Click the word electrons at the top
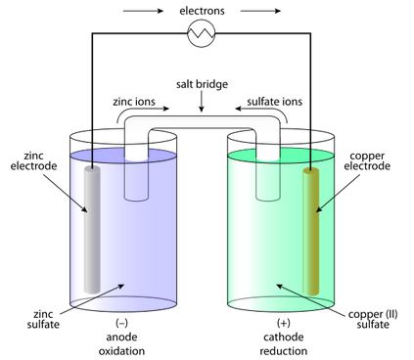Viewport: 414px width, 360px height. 202,11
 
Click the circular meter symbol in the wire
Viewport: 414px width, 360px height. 202,33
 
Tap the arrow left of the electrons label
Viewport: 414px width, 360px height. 143,11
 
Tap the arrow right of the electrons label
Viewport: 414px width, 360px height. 260,11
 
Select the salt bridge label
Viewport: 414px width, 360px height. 202,84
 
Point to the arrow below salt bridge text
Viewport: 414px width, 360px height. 202,102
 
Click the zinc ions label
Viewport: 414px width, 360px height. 134,102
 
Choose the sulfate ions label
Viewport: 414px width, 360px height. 274,102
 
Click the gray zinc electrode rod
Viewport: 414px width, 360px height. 92,230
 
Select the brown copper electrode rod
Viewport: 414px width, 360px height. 311,232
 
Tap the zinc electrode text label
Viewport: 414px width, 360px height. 33,160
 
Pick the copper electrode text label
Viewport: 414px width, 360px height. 367,160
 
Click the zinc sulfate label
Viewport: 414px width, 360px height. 43,319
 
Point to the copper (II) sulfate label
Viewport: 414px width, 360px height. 373,319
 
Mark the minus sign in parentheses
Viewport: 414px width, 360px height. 121,323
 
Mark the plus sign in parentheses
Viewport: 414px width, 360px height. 283,323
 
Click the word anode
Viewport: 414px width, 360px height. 121,337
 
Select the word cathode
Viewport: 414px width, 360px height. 283,337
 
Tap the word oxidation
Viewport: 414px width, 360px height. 121,351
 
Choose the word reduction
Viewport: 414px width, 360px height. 283,351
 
